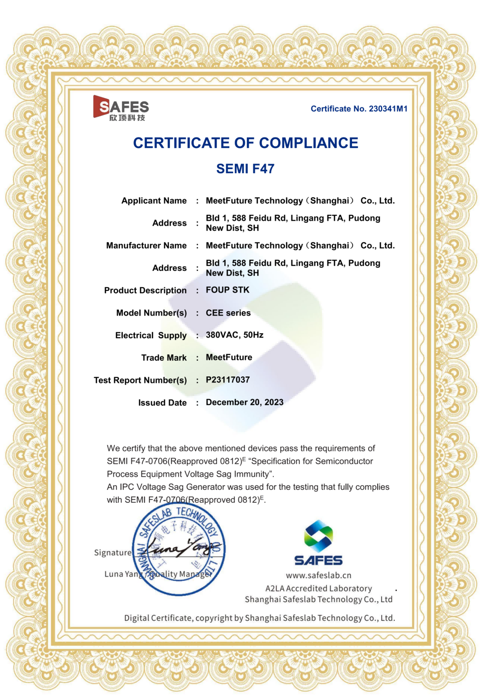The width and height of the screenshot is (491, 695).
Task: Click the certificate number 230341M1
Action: click(x=388, y=109)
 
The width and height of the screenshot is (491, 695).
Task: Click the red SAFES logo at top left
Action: click(x=121, y=108)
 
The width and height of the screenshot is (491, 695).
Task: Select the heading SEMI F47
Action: click(x=245, y=169)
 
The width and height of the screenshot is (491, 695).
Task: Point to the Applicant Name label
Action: click(x=154, y=201)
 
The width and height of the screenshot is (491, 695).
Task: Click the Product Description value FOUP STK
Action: click(x=227, y=290)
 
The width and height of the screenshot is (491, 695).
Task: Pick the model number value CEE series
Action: click(x=228, y=313)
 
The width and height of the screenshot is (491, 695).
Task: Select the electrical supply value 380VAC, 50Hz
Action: click(x=234, y=335)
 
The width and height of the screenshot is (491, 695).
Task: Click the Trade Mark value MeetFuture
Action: click(x=229, y=357)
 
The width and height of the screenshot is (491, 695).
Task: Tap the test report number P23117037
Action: click(x=228, y=380)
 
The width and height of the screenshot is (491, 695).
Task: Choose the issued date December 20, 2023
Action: click(x=244, y=402)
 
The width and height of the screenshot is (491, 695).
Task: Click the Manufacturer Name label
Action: click(x=146, y=245)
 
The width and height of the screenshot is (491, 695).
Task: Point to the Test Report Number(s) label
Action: click(x=140, y=380)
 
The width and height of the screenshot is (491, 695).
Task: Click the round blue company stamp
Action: click(x=179, y=549)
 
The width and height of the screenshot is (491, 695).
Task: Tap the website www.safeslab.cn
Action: click(x=318, y=576)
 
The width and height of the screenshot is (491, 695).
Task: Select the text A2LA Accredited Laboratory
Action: click(x=318, y=589)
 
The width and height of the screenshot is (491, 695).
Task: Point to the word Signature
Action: click(x=112, y=552)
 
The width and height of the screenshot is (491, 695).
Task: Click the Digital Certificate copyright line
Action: click(x=259, y=618)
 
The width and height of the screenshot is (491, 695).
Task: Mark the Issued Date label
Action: click(x=162, y=403)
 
